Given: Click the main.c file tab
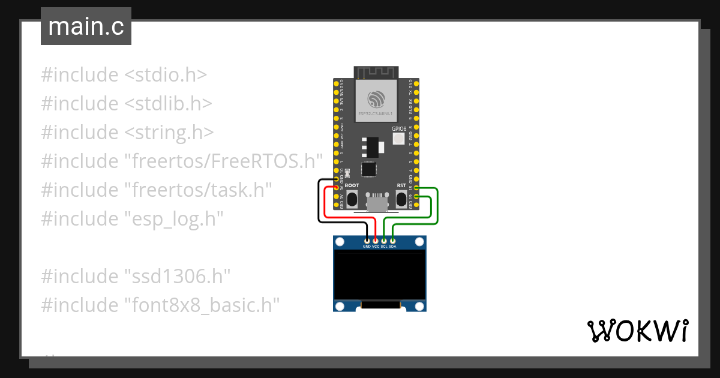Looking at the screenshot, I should (x=86, y=27).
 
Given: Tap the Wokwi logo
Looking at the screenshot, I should (x=637, y=331).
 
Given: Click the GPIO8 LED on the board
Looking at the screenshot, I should (x=399, y=139).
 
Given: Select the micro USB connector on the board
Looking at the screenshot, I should (x=377, y=203).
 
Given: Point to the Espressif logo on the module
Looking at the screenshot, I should (x=376, y=98).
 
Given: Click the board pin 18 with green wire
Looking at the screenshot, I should (x=416, y=188).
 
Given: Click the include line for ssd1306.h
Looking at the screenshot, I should (x=136, y=277).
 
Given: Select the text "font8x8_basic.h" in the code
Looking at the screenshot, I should (x=202, y=305).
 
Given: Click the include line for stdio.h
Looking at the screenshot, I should (x=124, y=75).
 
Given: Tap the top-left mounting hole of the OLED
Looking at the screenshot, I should (x=340, y=242).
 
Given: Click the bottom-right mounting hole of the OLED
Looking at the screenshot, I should (x=419, y=305).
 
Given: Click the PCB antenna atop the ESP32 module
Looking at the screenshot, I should (x=376, y=73).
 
